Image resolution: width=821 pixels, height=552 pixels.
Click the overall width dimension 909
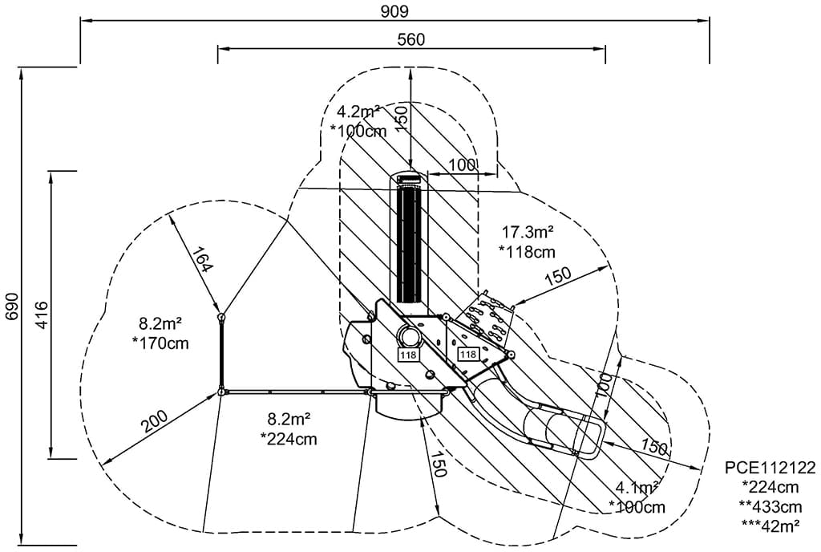(394, 10)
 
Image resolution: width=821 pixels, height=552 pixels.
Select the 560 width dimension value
(410, 39)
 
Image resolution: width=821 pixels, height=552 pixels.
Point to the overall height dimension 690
(10, 306)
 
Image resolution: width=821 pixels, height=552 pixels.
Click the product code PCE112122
(770, 469)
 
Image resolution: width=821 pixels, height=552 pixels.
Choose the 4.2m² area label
(358, 112)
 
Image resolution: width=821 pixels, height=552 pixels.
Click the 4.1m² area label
(637, 487)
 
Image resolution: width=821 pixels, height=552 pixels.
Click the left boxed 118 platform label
(407, 354)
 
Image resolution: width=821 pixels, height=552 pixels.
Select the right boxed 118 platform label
(467, 354)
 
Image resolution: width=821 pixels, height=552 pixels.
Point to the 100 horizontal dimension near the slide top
(463, 164)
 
